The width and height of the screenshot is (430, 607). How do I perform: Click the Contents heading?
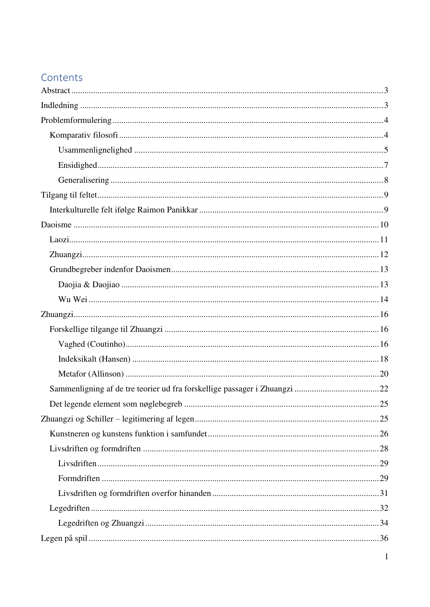point(62,77)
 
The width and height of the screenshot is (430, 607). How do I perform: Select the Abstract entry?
point(55,91)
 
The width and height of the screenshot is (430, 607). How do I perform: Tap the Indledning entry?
point(60,106)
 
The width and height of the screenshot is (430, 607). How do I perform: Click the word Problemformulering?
point(76,120)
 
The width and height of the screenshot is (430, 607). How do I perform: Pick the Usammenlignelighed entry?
point(95,150)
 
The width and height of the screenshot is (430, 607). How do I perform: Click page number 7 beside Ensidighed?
point(386,165)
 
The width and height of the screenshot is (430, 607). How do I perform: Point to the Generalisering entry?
point(84,180)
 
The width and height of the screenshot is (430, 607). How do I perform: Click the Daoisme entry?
point(56,225)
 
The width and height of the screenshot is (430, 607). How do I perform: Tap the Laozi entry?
point(59,240)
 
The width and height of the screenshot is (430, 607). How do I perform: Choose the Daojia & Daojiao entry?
point(89,285)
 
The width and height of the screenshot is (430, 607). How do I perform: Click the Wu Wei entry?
point(73,300)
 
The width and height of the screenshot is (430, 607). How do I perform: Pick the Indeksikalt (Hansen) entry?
point(94,359)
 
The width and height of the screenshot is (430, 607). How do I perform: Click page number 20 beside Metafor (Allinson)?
point(384,374)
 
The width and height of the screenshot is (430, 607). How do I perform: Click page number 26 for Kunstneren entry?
point(384,434)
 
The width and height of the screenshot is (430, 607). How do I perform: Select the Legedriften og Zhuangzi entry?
point(101,523)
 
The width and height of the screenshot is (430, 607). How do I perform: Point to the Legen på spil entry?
point(64,538)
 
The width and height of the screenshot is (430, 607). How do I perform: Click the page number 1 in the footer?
point(386,557)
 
